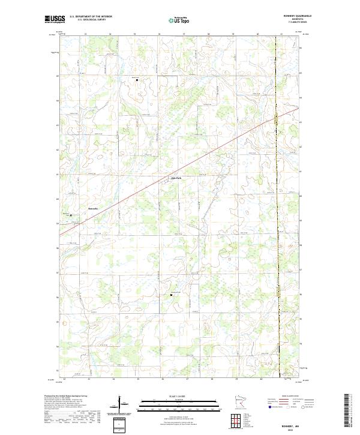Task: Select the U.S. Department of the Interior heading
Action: (x=91, y=17)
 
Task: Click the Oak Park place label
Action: (x=176, y=178)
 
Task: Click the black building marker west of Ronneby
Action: (x=71, y=215)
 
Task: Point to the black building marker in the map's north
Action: (x=136, y=79)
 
